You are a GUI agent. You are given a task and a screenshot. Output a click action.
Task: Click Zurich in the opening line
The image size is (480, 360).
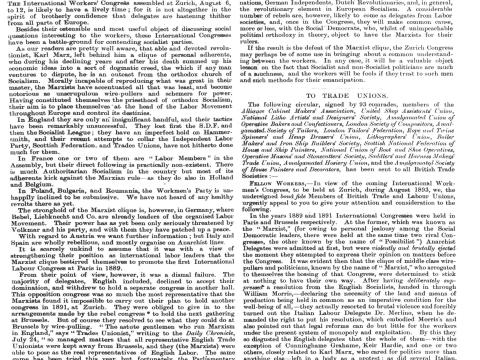179,4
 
